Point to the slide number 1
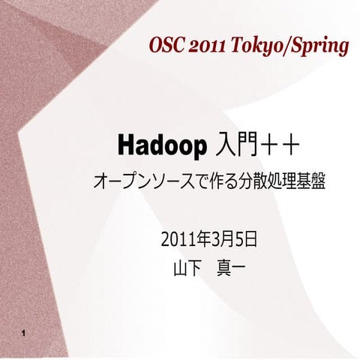coord(25,332)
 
